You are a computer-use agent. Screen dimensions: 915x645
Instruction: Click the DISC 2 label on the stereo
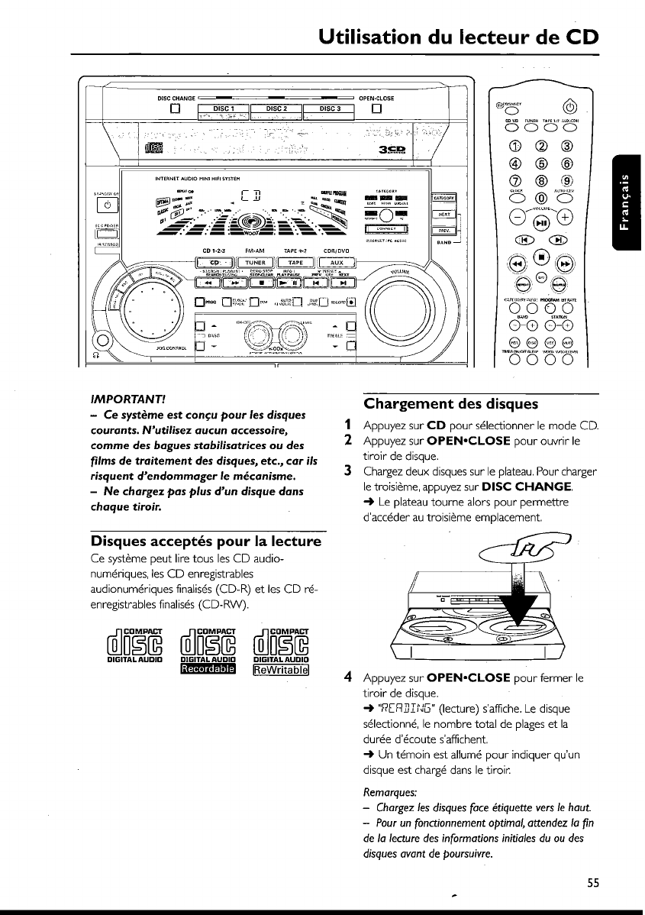coord(276,108)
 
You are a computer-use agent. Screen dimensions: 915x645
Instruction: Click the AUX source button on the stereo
coord(337,263)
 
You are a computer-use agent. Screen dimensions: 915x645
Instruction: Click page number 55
coord(593,884)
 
